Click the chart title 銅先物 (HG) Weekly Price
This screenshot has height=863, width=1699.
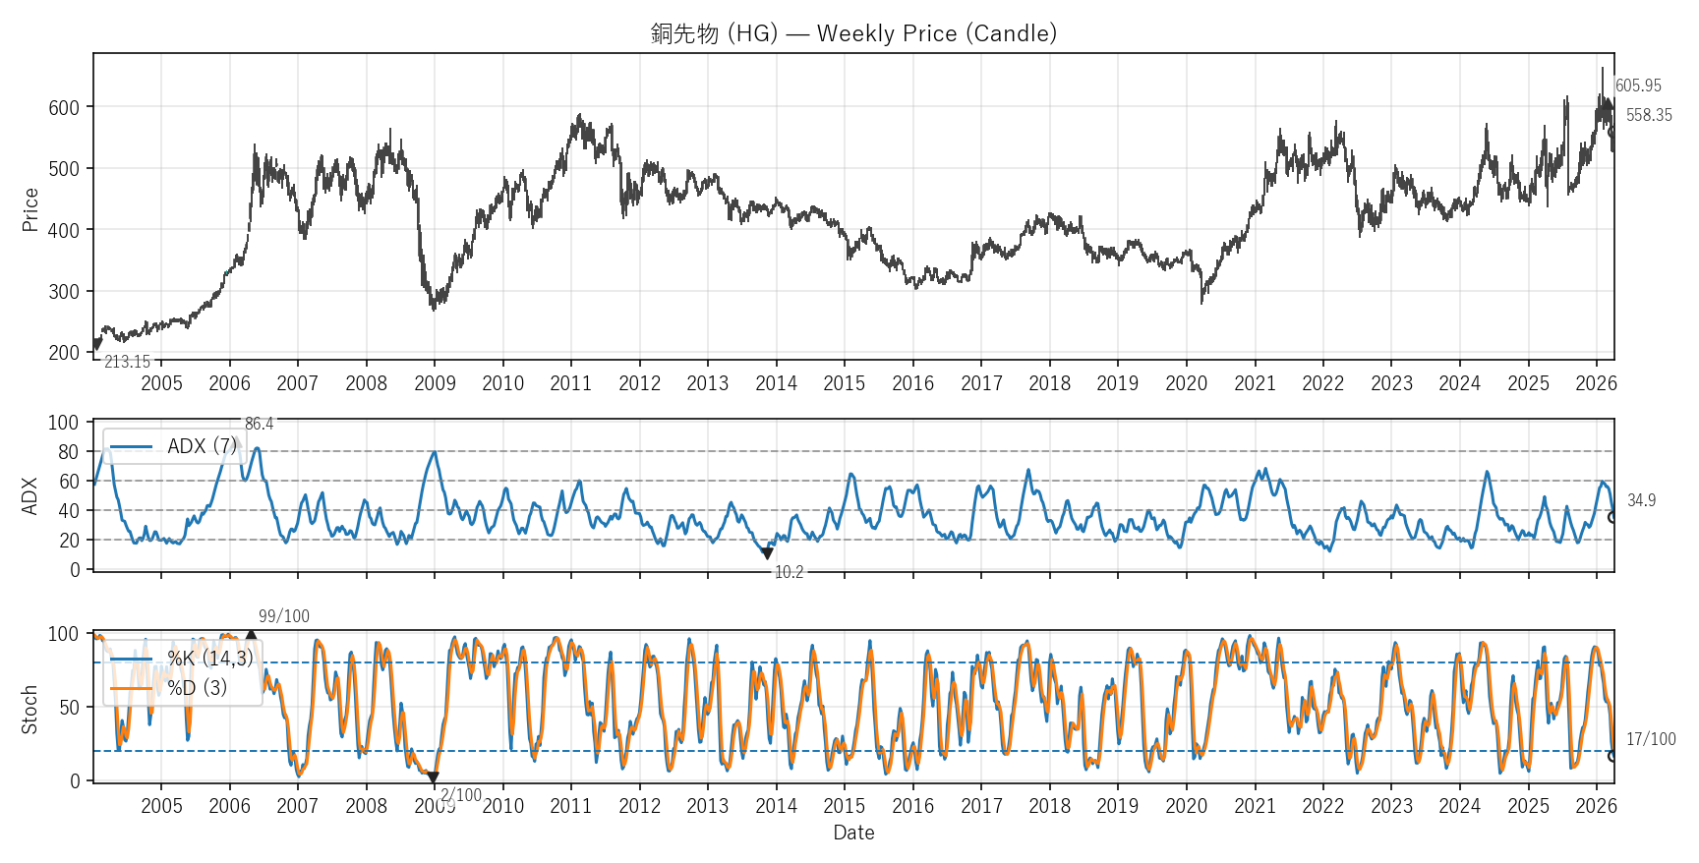click(853, 33)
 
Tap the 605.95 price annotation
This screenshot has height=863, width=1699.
click(1638, 86)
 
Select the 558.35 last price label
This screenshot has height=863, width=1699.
click(1649, 116)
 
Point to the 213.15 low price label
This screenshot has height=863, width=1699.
click(128, 363)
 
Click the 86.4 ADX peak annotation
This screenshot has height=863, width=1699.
click(260, 425)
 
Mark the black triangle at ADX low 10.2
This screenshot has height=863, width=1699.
click(767, 554)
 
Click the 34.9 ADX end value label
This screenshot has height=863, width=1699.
click(1641, 501)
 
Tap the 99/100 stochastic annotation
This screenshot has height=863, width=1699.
click(284, 617)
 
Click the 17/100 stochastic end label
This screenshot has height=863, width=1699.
click(1651, 740)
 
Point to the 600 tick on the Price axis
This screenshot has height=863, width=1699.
click(64, 108)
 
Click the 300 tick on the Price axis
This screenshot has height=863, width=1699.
click(64, 292)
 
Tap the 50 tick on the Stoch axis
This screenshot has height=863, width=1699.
click(69, 708)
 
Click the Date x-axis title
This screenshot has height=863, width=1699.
click(853, 834)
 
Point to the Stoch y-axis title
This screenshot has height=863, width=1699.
click(29, 709)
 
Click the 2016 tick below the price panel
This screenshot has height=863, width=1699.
click(912, 383)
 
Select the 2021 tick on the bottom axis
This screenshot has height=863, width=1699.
click(1255, 806)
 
